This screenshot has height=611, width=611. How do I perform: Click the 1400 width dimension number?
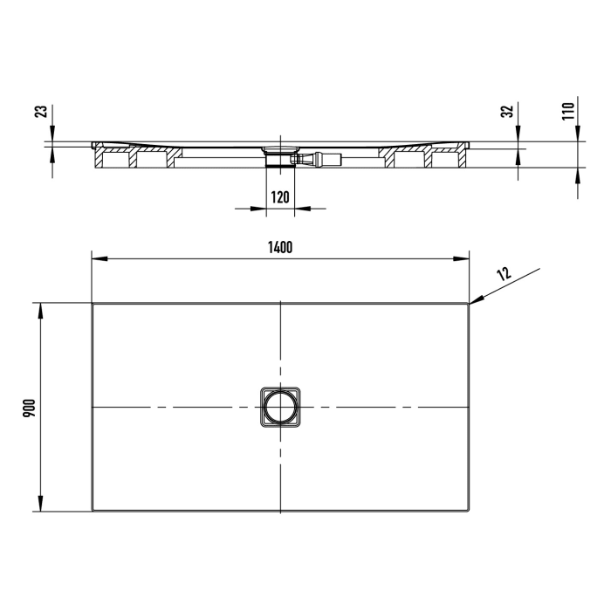point(280,247)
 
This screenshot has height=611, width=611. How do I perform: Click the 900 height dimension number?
point(29,408)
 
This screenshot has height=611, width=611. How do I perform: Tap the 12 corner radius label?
point(505,274)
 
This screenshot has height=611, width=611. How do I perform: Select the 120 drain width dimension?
point(280,197)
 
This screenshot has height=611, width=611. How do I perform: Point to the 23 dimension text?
point(38,112)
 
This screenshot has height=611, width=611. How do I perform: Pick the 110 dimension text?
point(567,111)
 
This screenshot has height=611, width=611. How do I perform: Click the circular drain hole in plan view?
point(280,408)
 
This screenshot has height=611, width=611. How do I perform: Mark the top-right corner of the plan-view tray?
point(469,304)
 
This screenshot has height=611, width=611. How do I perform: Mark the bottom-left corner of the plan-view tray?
point(93,511)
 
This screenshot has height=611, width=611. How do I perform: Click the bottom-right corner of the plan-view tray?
point(469,511)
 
